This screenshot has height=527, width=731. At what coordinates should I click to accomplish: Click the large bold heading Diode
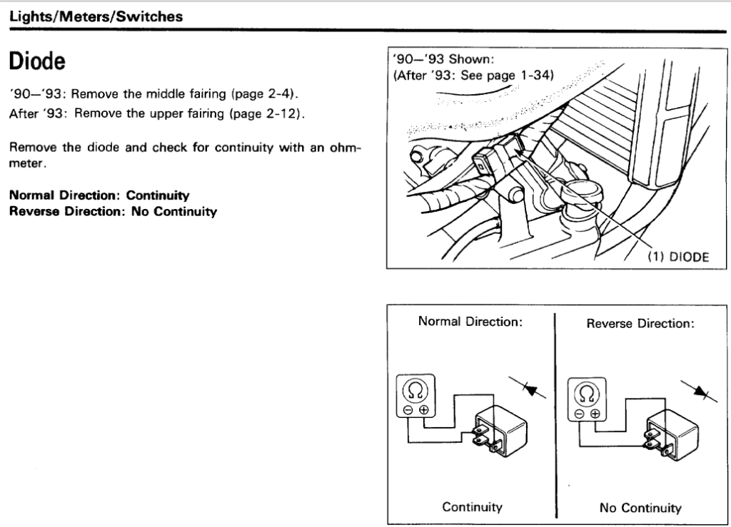coord(37,62)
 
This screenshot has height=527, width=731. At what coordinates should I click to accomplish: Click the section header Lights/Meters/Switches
coord(96,16)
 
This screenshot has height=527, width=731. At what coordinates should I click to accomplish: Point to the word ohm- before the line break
coord(344,148)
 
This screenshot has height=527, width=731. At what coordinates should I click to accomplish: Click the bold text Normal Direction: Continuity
coord(99,194)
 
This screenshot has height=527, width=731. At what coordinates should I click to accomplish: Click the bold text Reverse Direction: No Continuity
coord(113,212)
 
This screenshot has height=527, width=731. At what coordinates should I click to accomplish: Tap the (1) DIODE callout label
coord(677,257)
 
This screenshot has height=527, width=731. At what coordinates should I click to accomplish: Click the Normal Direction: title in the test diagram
coord(470,322)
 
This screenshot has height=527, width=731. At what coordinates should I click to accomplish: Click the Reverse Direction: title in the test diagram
coord(640,323)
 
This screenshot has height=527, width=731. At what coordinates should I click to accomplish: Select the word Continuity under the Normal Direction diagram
coord(472,507)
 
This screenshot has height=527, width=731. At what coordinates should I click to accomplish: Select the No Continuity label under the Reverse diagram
coord(640,508)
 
